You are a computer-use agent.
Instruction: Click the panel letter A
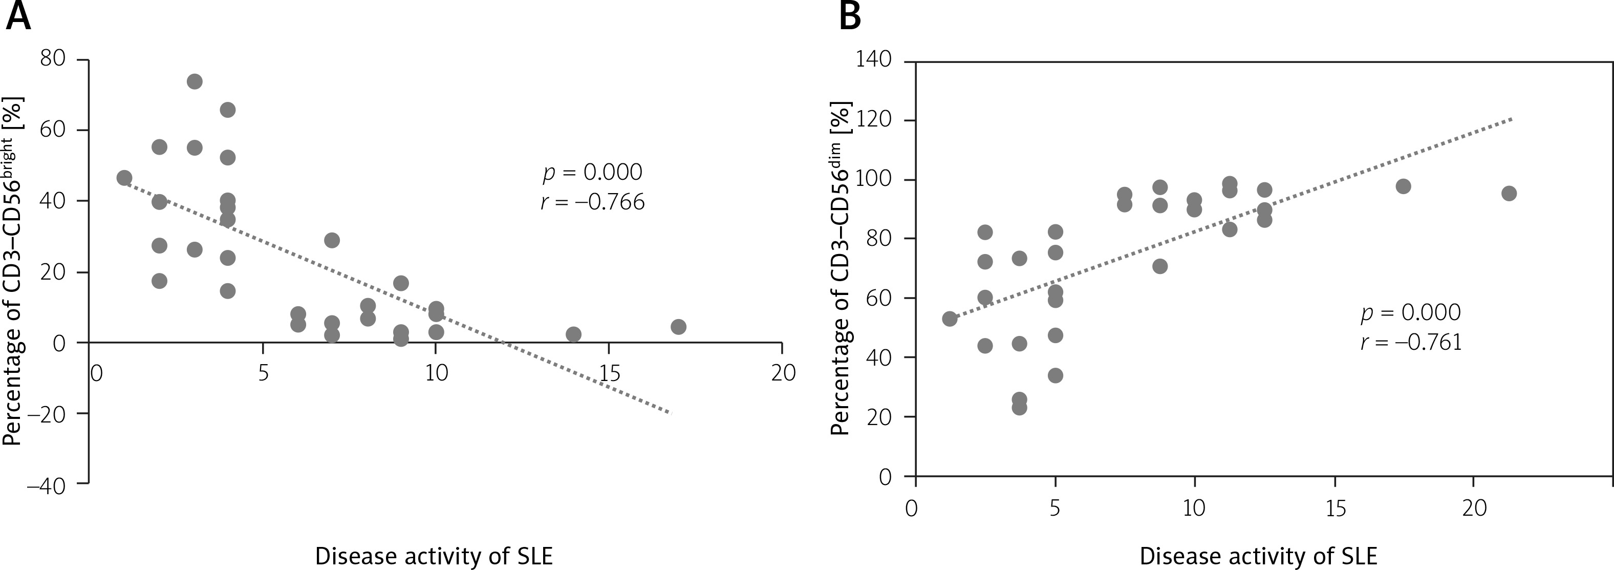click(x=17, y=16)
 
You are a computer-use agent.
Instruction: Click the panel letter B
click(x=850, y=16)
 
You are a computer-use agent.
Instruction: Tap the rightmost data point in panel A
click(x=678, y=327)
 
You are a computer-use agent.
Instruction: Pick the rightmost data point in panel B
click(x=1509, y=193)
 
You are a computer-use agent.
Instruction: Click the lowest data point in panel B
click(x=1019, y=408)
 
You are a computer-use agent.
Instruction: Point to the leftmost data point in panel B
click(x=950, y=319)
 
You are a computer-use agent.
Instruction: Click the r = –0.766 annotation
click(x=592, y=202)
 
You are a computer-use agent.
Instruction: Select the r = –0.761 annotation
click(x=1410, y=343)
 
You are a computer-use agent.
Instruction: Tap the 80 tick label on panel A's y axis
click(x=53, y=59)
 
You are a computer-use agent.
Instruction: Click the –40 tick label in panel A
click(x=46, y=486)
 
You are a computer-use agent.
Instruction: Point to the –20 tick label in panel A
click(x=46, y=414)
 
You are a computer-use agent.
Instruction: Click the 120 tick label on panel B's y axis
click(x=873, y=120)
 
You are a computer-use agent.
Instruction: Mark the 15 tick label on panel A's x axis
click(x=609, y=374)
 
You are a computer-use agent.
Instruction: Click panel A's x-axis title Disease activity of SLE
click(x=434, y=556)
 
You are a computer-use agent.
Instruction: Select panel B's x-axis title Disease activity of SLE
click(x=1258, y=556)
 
